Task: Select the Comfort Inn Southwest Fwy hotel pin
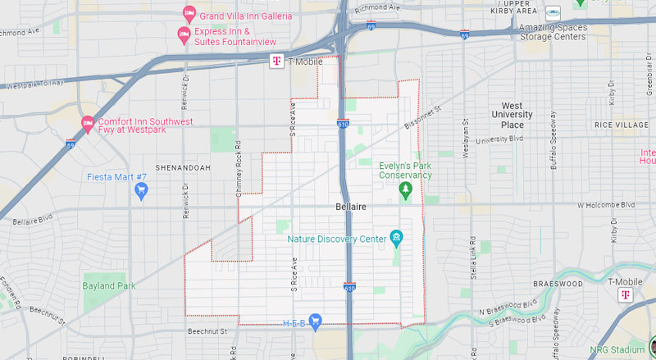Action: [88, 125]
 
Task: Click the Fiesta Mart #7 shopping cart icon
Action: [140, 190]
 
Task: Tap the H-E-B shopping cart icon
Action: [314, 322]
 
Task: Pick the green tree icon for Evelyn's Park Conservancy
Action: [404, 190]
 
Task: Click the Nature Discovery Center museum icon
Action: [397, 239]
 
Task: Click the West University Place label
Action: [512, 116]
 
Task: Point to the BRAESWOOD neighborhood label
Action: [557, 282]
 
